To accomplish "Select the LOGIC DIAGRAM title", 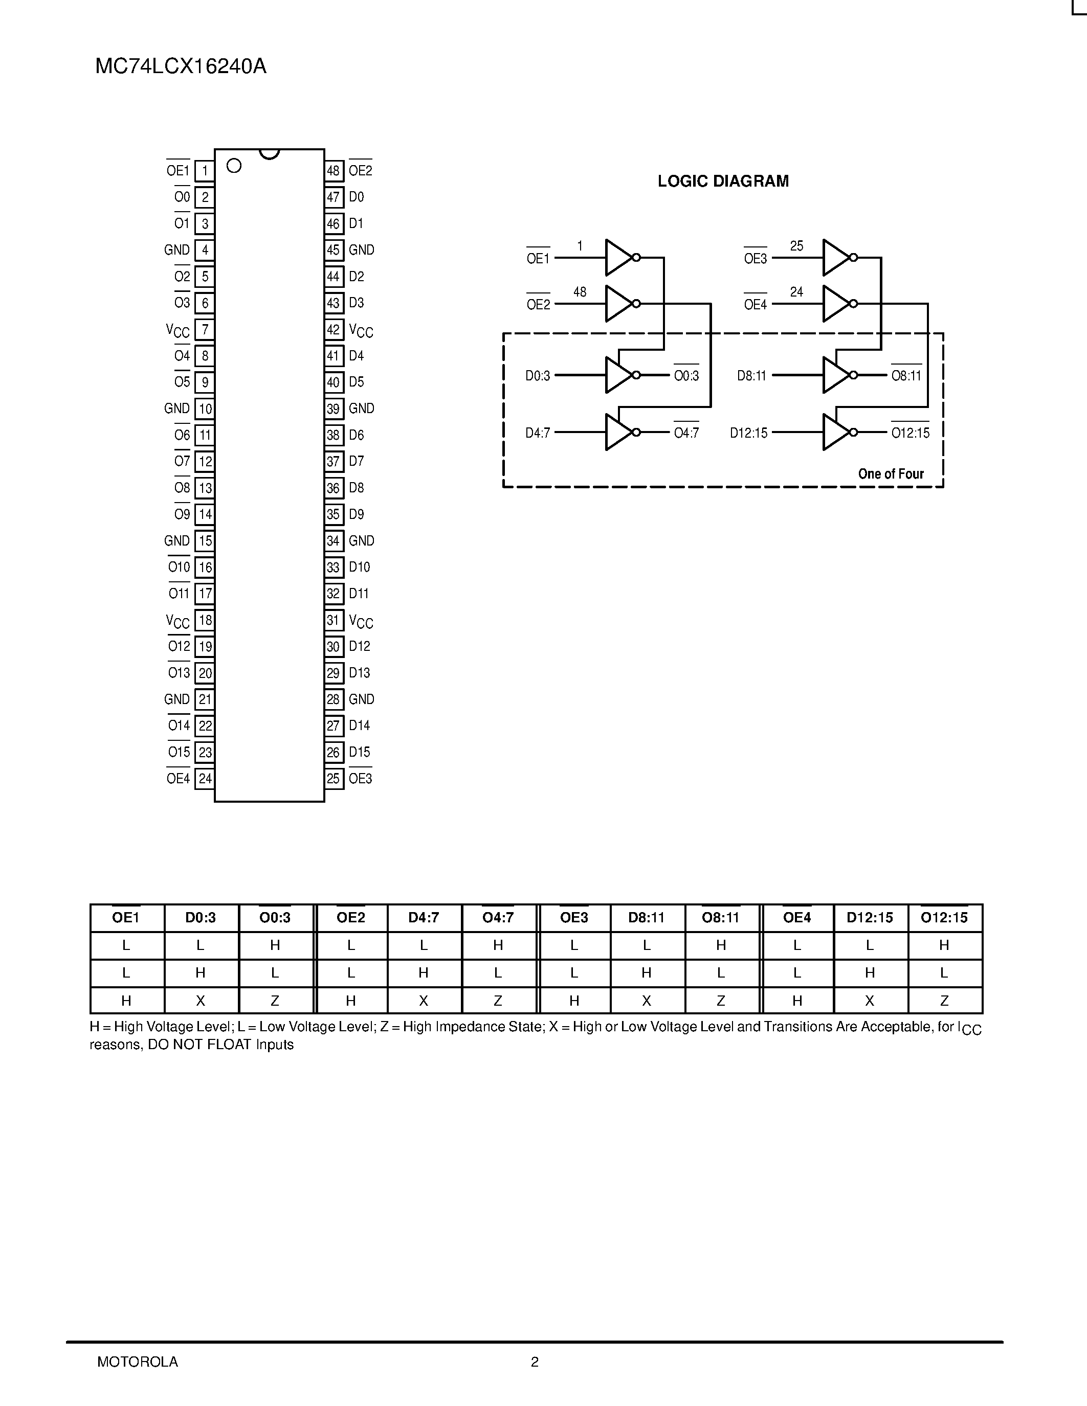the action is (x=722, y=182).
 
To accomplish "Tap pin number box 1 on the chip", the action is (x=205, y=171).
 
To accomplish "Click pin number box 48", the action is (x=333, y=171).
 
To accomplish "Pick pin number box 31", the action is (x=333, y=621).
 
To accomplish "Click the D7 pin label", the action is (x=356, y=462).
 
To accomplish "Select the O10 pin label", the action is (x=179, y=567).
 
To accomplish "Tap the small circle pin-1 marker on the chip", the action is (x=234, y=166).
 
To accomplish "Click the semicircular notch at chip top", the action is (x=269, y=154).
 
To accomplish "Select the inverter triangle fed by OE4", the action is (x=835, y=304).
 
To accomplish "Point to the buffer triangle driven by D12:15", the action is (x=835, y=432).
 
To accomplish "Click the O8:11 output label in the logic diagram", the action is (x=906, y=376).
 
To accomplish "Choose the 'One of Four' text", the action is (x=891, y=474).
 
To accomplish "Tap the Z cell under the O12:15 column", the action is (x=944, y=1001).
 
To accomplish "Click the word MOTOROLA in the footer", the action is (x=137, y=1362).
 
